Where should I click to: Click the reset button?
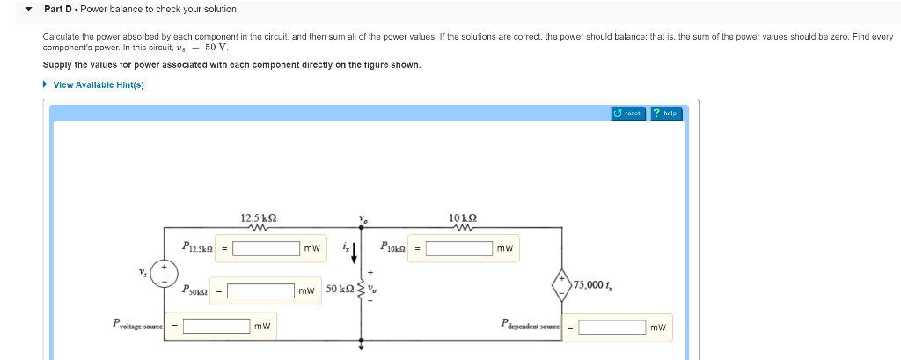coord(628,114)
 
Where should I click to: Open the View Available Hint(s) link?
coord(98,84)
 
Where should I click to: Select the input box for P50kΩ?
coord(260,289)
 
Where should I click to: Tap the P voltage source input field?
coord(216,327)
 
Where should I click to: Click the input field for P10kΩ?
coord(459,248)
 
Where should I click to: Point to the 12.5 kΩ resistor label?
coord(259,217)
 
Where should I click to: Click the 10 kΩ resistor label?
coord(463,217)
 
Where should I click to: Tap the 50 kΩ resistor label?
coord(340,289)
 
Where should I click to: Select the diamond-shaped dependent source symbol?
coord(560,283)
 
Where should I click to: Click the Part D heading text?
coord(140,9)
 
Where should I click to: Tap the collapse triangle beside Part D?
coord(29,9)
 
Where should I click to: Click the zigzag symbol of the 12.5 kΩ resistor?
coord(259,228)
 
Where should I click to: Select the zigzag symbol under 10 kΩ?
coord(463,228)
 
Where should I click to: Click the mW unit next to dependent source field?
coord(657,327)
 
